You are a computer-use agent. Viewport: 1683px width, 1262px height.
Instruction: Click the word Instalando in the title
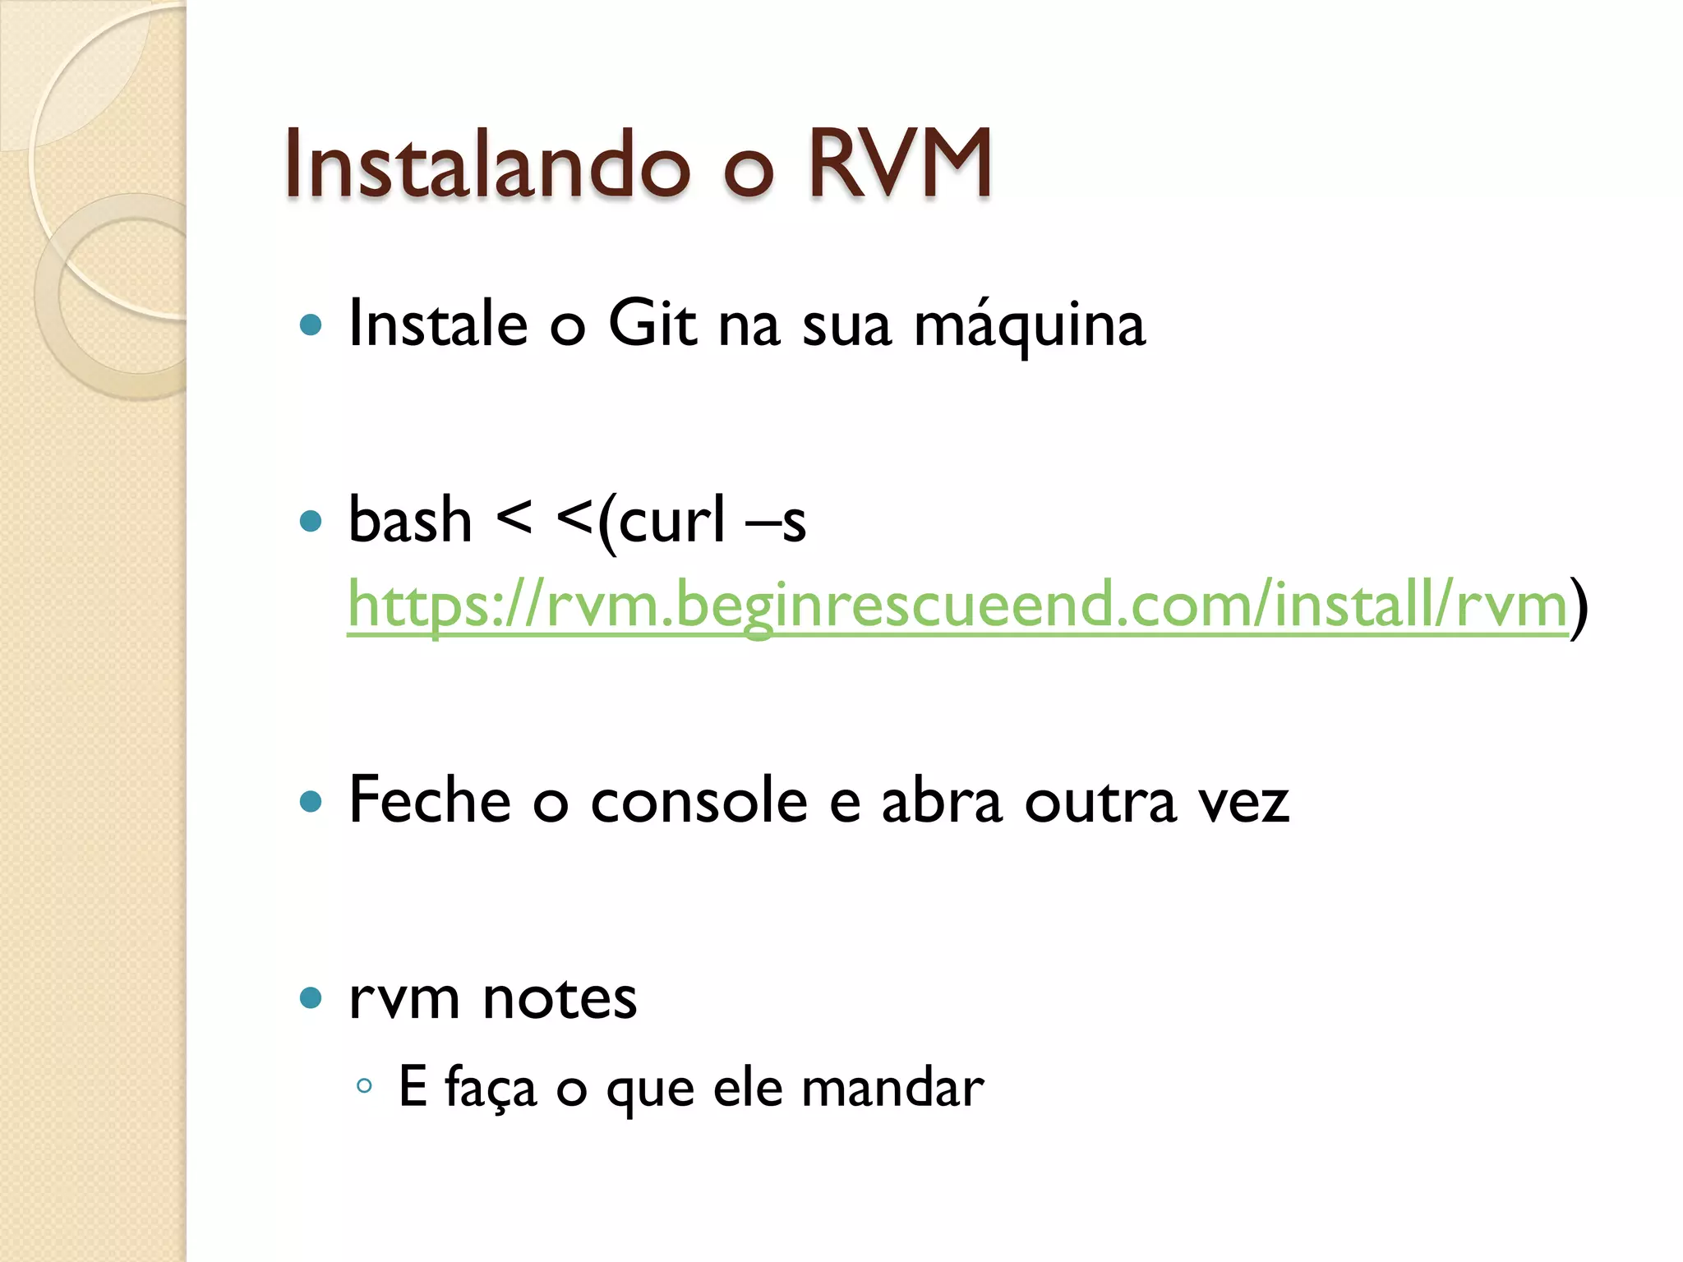pyautogui.click(x=486, y=164)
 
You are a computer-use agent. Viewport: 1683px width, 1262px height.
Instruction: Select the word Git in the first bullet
pyautogui.click(x=652, y=324)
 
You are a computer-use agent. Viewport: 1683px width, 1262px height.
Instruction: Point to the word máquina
pyautogui.click(x=1029, y=325)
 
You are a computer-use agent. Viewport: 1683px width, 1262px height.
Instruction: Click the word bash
pyautogui.click(x=410, y=520)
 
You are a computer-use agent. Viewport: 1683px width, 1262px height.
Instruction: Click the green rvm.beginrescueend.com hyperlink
pyautogui.click(x=957, y=605)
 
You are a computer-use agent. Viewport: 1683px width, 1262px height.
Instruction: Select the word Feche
pyautogui.click(x=430, y=799)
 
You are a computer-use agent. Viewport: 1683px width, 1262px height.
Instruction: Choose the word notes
pyautogui.click(x=560, y=998)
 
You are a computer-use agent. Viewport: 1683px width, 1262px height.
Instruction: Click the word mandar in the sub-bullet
pyautogui.click(x=892, y=1087)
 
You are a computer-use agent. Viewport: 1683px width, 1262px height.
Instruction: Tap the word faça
pyautogui.click(x=491, y=1088)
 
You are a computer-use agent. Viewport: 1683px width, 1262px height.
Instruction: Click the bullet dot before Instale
pyautogui.click(x=311, y=325)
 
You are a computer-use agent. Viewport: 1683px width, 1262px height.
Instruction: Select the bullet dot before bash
pyautogui.click(x=311, y=521)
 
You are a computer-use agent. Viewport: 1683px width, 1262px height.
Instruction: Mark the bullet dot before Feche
pyautogui.click(x=311, y=801)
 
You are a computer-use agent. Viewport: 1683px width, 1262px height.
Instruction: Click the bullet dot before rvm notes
pyautogui.click(x=311, y=998)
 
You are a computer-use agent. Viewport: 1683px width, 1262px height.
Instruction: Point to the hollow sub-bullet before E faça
pyautogui.click(x=365, y=1086)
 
